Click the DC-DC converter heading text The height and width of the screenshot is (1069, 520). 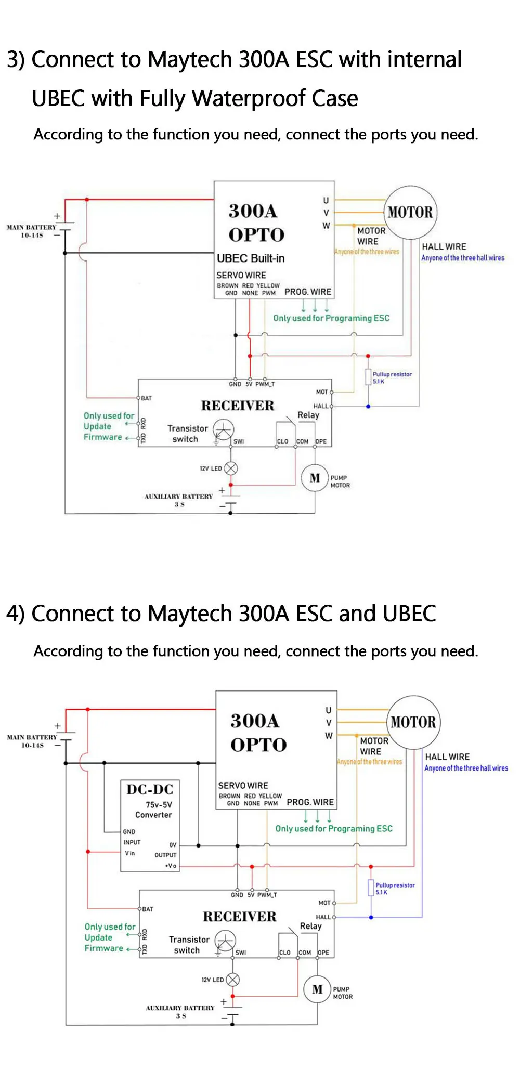150,789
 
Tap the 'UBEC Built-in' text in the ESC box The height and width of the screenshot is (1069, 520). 251,258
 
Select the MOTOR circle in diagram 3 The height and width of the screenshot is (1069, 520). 410,212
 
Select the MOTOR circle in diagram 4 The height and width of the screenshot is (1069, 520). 413,722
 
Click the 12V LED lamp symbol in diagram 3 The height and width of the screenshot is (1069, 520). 230,468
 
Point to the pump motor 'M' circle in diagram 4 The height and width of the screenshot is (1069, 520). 317,989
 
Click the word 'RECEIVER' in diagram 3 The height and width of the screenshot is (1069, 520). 238,406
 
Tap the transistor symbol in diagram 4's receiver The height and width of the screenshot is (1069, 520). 225,941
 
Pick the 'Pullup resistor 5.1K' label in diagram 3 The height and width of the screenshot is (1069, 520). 392,377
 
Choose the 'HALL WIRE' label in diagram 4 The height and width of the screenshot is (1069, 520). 447,757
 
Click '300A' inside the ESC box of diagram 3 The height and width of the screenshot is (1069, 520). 253,211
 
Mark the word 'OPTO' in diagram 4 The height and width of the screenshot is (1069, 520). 258,745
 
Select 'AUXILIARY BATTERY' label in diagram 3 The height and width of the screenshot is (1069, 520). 178,497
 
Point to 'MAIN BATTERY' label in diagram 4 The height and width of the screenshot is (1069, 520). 32,737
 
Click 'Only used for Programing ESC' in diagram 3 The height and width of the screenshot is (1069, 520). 331,318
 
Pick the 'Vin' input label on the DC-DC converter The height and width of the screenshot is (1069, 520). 129,853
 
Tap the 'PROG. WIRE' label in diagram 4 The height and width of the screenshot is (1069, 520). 310,802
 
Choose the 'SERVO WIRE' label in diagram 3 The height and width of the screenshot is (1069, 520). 241,275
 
